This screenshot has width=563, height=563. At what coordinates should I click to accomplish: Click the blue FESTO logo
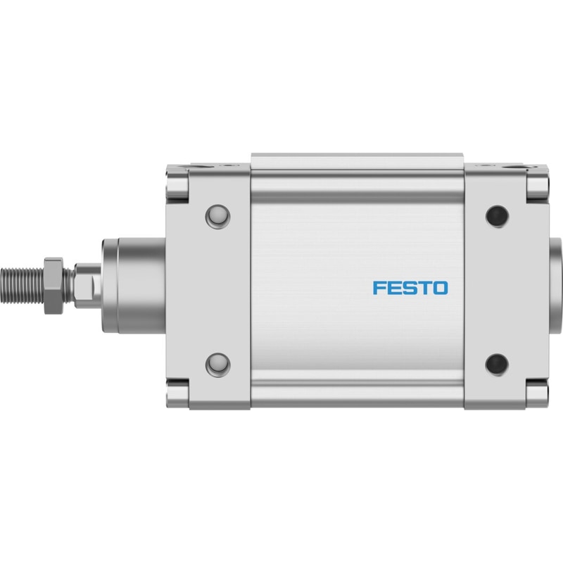point(410,288)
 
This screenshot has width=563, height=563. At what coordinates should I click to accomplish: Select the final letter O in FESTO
point(441,288)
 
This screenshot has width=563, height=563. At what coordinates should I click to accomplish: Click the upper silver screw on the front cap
point(218,217)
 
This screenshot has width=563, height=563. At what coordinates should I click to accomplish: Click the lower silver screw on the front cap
point(218,365)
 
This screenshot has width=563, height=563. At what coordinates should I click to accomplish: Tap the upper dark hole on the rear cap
point(497,216)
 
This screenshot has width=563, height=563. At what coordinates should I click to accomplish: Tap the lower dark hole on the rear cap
point(497,365)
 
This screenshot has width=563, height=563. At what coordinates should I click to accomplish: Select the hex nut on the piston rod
point(54,286)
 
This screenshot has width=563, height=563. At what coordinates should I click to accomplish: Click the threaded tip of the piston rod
point(23,286)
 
